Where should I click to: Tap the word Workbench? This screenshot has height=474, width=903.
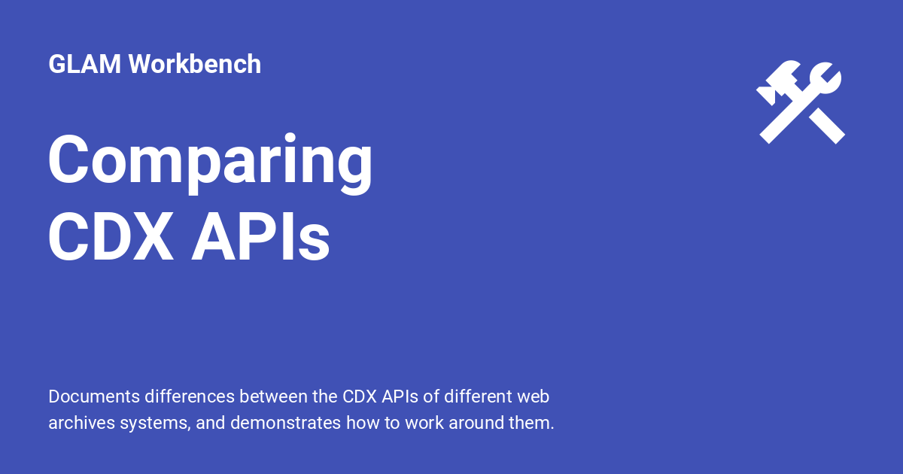coord(195,65)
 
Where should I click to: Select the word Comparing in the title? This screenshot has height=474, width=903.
coord(211,160)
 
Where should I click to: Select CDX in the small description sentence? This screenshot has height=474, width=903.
coord(359,396)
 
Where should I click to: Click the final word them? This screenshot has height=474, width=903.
coord(532,423)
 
